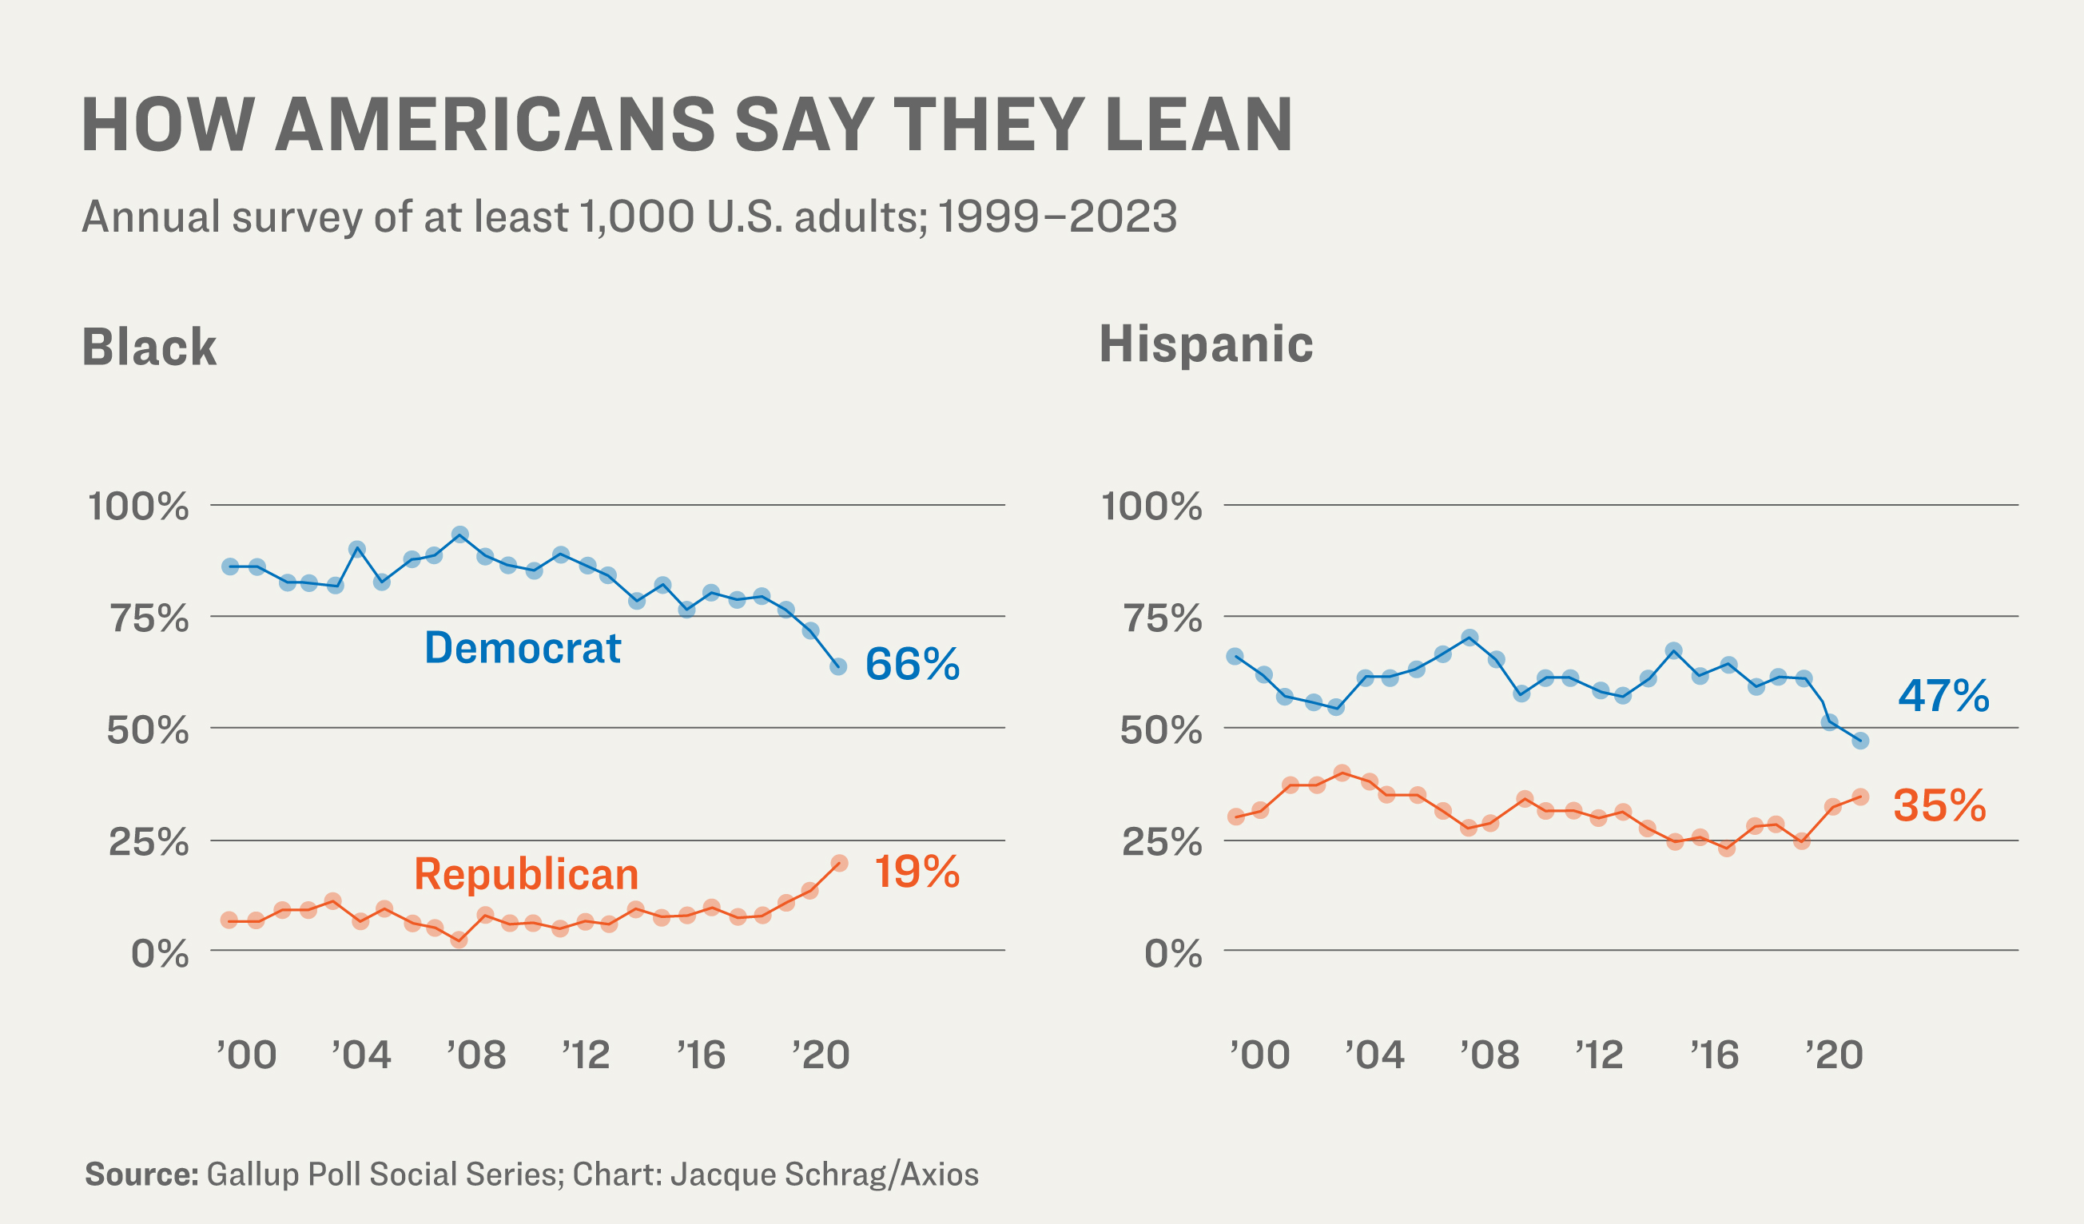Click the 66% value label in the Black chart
[x=913, y=664]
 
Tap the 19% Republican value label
[x=917, y=872]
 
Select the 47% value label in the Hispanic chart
[x=1943, y=696]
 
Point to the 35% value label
[x=1939, y=805]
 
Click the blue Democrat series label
[x=523, y=648]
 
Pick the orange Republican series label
[x=526, y=874]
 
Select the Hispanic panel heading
[x=1206, y=344]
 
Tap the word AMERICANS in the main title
[x=495, y=124]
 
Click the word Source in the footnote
[x=141, y=1174]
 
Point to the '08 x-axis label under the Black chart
[x=477, y=1056]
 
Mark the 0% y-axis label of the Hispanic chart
[x=1174, y=954]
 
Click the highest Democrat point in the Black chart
[x=460, y=535]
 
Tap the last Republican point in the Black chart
[x=838, y=864]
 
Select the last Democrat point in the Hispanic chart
[x=1861, y=741]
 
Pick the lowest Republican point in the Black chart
[x=459, y=940]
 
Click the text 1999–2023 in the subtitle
[x=1058, y=217]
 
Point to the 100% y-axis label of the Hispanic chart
[x=1151, y=507]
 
